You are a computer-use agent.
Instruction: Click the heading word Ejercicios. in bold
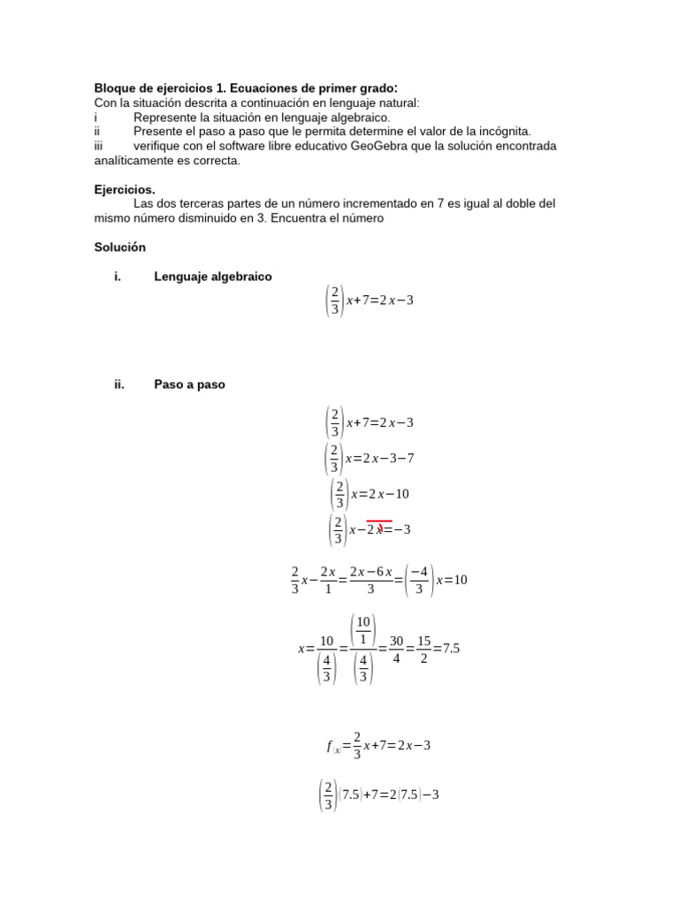click(x=125, y=189)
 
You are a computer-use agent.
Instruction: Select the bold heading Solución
click(x=119, y=247)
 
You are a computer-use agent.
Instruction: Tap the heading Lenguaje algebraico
click(x=213, y=277)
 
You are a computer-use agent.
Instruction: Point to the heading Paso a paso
click(x=189, y=384)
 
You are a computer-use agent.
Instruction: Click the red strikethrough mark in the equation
click(x=379, y=523)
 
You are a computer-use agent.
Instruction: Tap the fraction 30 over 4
click(x=396, y=648)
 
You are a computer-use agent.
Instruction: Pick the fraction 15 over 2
click(x=423, y=648)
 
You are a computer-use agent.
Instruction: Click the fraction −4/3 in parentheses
click(x=420, y=581)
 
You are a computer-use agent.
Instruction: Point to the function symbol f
click(x=329, y=746)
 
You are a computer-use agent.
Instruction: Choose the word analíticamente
click(x=136, y=161)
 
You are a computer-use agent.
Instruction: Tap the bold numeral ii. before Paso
click(x=119, y=384)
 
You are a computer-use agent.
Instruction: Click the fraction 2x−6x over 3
click(x=370, y=581)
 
